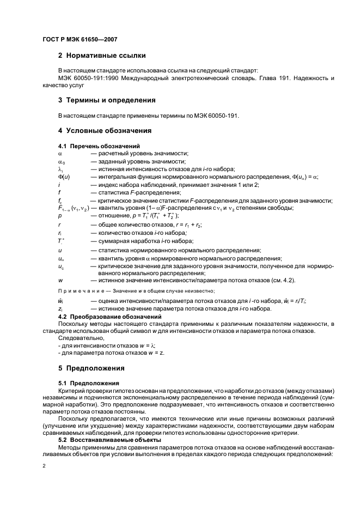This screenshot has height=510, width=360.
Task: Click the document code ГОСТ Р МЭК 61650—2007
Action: pyautogui.click(x=80, y=40)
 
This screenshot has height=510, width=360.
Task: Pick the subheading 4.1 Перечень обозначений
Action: pyautogui.click(x=99, y=146)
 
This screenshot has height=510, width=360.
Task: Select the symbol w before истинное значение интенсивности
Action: pyautogui.click(x=59, y=280)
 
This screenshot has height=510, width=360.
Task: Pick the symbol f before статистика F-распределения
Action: pyautogui.click(x=59, y=192)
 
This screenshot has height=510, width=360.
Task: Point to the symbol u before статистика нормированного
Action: pyautogui.click(x=59, y=250)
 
